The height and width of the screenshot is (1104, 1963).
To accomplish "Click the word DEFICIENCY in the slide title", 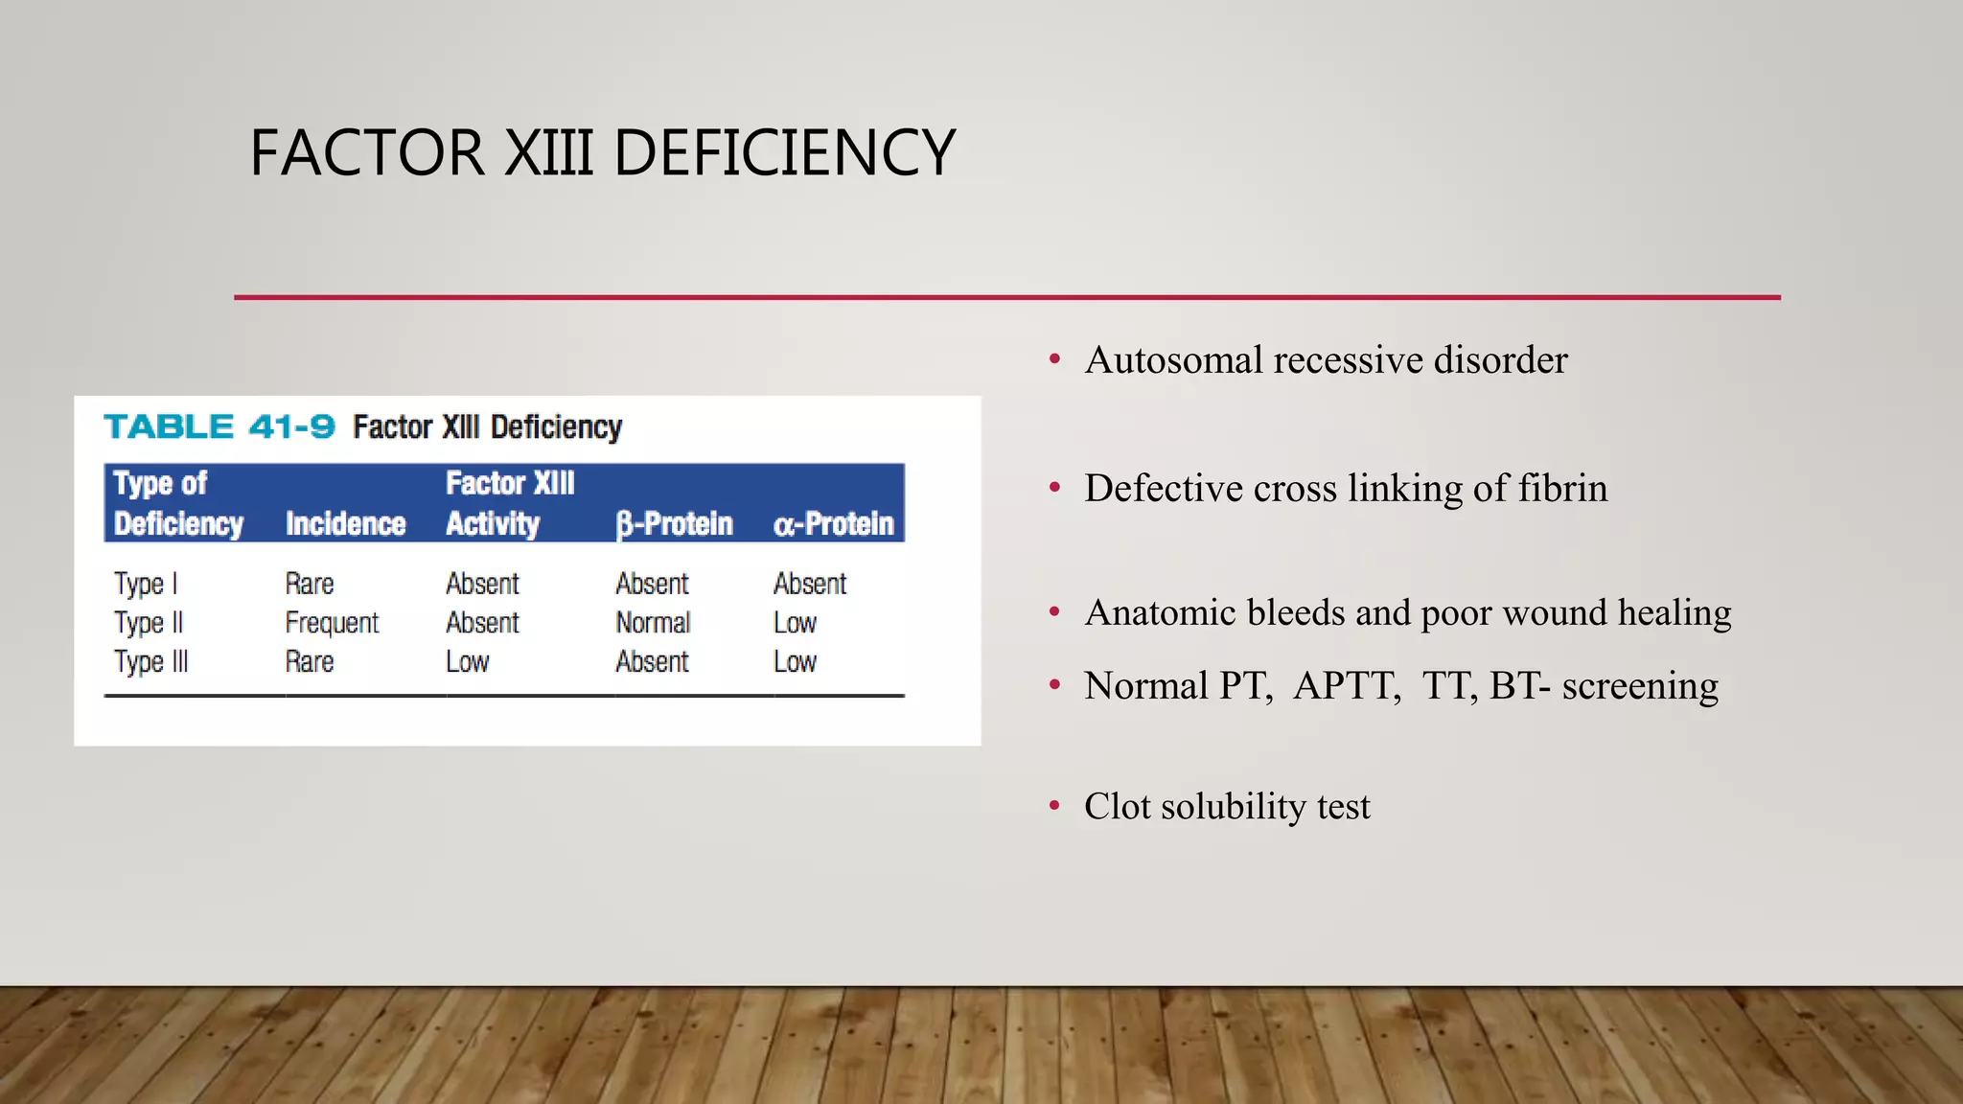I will [x=784, y=153].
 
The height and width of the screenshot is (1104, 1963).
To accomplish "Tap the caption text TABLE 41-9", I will [x=219, y=426].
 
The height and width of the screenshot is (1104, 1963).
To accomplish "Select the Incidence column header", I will [x=345, y=524].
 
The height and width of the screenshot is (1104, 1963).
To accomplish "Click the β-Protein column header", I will [x=674, y=524].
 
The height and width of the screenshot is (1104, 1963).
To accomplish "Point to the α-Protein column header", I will [x=833, y=524].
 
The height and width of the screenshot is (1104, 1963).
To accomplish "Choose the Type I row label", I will [x=146, y=584].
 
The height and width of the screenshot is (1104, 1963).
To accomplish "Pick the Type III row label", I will [x=151, y=662].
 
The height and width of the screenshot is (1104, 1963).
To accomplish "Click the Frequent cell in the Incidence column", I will [x=332, y=623].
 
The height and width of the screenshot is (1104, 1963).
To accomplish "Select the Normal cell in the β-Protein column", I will [x=653, y=623].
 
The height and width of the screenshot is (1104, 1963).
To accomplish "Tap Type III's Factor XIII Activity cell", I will [x=468, y=662].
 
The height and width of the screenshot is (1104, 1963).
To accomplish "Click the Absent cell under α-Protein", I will [x=810, y=584].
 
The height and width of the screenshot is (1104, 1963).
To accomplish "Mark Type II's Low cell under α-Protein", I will [x=795, y=623].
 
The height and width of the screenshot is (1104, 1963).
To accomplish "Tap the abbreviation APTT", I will [x=1346, y=686].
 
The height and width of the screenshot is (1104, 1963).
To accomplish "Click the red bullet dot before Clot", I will [x=1054, y=805].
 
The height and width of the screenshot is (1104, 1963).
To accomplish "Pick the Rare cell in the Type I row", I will [x=310, y=584].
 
